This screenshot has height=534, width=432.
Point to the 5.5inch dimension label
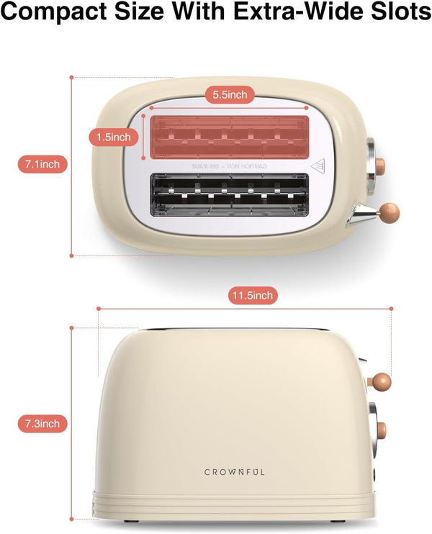[x=228, y=94]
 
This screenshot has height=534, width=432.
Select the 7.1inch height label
[x=42, y=165]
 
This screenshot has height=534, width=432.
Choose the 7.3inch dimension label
[x=42, y=423]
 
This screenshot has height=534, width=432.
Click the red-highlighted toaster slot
[x=229, y=137]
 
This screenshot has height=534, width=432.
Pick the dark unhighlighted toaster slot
[x=229, y=193]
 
